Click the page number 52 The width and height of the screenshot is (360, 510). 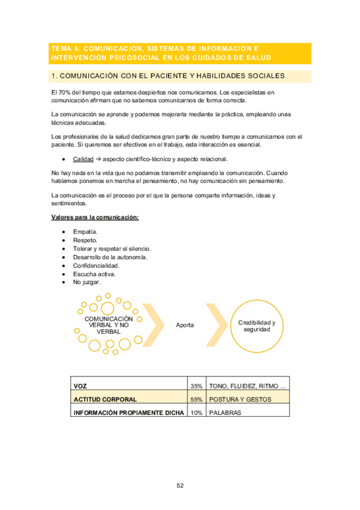(180, 485)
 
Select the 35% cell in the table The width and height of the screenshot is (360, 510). (196, 386)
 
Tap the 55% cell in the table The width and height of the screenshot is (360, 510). (196, 399)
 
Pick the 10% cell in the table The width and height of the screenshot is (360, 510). (196, 412)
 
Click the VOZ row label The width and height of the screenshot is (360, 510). (80, 386)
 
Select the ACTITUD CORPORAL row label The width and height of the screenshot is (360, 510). (105, 399)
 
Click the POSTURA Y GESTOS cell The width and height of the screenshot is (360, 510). (240, 399)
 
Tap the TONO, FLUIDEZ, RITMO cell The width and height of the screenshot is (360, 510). (247, 386)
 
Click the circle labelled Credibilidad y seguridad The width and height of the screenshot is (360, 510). (257, 326)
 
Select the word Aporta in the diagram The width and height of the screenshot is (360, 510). (185, 325)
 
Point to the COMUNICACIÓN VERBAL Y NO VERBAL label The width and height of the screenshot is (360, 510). (109, 325)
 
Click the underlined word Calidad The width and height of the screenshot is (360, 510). (83, 159)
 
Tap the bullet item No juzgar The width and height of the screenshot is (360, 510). (87, 282)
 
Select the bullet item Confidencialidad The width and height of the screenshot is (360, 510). (96, 265)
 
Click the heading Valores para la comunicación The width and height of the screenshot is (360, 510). (95, 217)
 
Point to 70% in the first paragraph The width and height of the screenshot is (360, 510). (65, 91)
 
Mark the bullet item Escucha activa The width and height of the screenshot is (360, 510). (94, 274)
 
